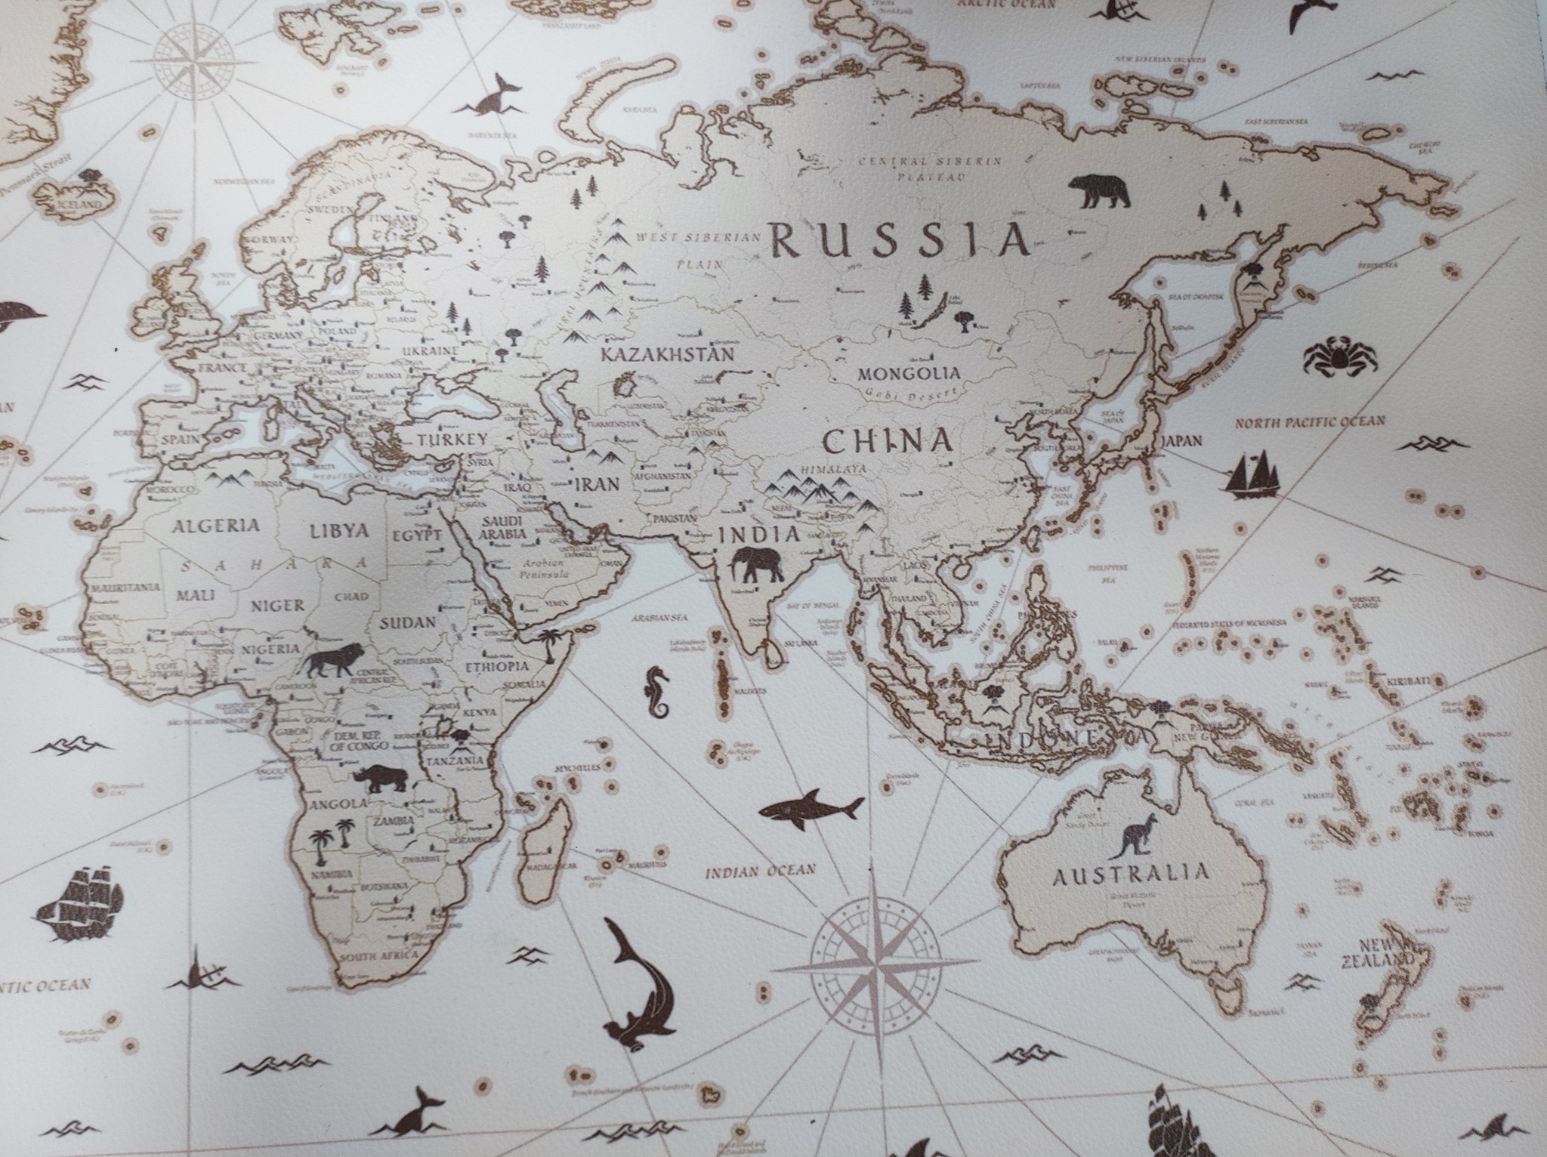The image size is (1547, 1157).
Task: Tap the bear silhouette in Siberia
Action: pos(1100,192)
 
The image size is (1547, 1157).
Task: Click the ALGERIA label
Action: pos(216,526)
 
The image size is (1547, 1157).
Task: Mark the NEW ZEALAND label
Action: pos(1385,953)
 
